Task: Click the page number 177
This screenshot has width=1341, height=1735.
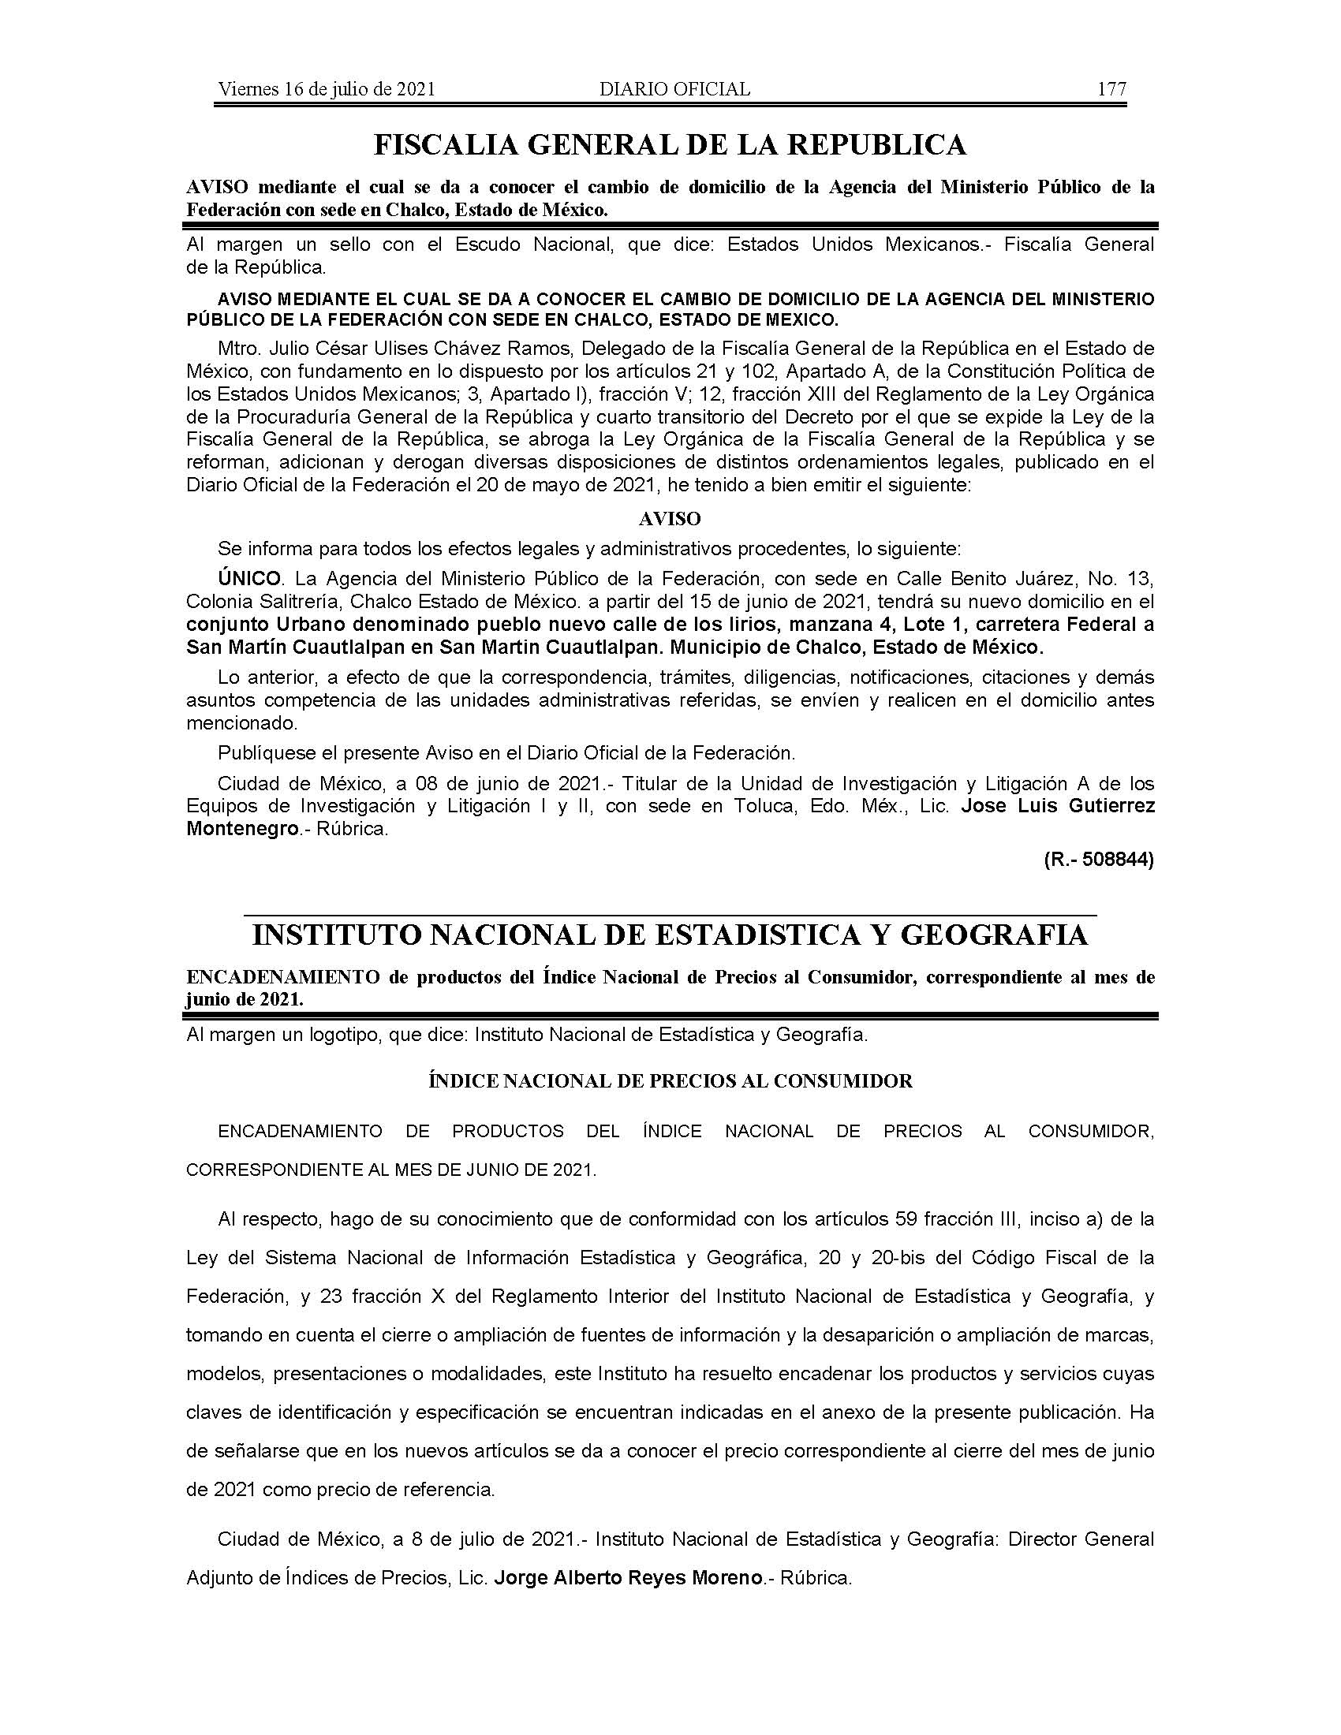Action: pos(1111,89)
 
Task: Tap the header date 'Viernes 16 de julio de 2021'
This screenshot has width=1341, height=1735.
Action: pos(327,89)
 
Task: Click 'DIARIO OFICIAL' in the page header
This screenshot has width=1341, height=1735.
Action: pos(674,89)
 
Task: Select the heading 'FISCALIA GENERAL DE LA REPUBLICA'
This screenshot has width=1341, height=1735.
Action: pos(670,144)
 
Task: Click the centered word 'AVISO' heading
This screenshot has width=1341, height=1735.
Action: pos(670,519)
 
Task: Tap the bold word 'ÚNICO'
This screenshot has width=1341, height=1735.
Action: pos(249,578)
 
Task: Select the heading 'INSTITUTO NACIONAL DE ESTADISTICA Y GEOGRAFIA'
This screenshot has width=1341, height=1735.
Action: pos(670,935)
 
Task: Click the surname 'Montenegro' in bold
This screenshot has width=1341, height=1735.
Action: pos(236,828)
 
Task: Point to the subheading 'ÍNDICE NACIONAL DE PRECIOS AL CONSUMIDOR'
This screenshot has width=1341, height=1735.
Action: pos(670,1081)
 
